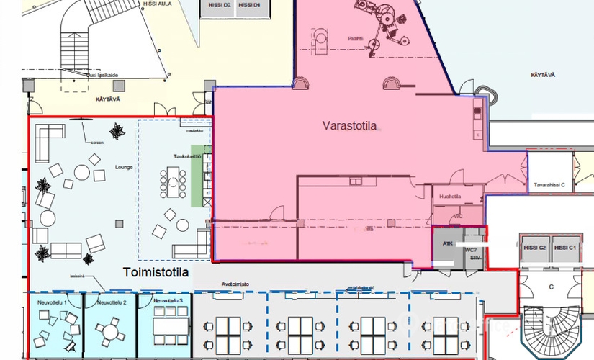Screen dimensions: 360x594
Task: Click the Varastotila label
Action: tap(349, 127)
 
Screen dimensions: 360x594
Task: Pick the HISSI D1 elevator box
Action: tap(249, 5)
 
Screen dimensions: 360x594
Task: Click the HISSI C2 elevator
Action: tap(535, 248)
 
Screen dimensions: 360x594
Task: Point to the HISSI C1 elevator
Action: tap(567, 248)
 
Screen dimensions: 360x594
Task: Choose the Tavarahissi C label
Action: tap(549, 185)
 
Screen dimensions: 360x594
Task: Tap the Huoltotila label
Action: tap(449, 196)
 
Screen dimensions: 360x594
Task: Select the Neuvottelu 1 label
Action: tap(52, 302)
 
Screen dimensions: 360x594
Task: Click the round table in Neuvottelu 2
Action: tap(109, 332)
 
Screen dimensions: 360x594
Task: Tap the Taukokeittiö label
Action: tap(186, 156)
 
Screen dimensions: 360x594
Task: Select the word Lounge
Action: tap(124, 166)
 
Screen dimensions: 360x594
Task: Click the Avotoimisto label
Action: tap(235, 284)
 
